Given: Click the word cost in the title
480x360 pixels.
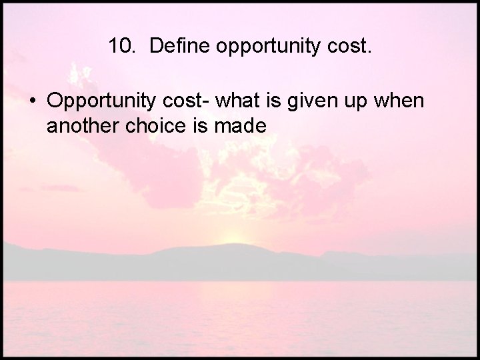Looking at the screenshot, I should tap(345, 46).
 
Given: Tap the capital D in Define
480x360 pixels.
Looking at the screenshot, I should tap(156, 46).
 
